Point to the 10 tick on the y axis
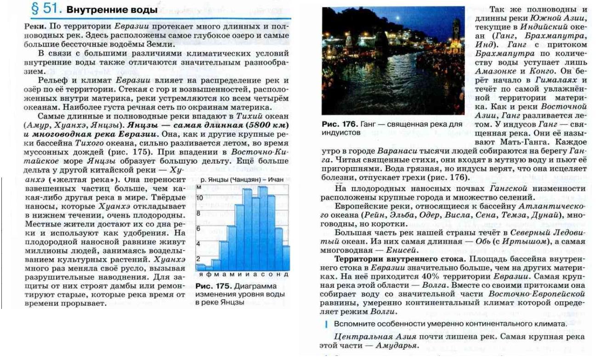(199, 197)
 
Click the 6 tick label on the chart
(199, 229)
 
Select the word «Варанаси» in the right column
(394, 151)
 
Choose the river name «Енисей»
(402, 250)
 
